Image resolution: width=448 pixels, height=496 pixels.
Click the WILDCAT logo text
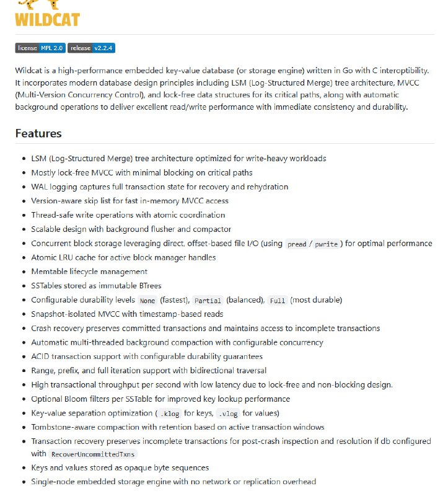point(47,19)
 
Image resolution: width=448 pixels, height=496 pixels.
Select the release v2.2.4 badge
point(92,48)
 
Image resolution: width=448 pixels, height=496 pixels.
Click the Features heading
point(38,133)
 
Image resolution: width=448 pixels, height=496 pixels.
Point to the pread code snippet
point(297,244)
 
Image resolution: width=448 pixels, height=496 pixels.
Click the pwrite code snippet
point(326,244)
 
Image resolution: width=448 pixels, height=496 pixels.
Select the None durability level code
point(147,300)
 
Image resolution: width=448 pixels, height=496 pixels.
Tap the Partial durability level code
point(208,300)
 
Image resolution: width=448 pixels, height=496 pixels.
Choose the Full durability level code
point(278,300)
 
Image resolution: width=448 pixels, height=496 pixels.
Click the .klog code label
point(169,414)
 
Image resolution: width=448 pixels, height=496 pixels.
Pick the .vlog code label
point(227,414)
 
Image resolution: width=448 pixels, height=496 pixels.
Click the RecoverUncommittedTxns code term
point(92,454)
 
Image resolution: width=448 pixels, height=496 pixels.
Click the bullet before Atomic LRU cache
point(24,257)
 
